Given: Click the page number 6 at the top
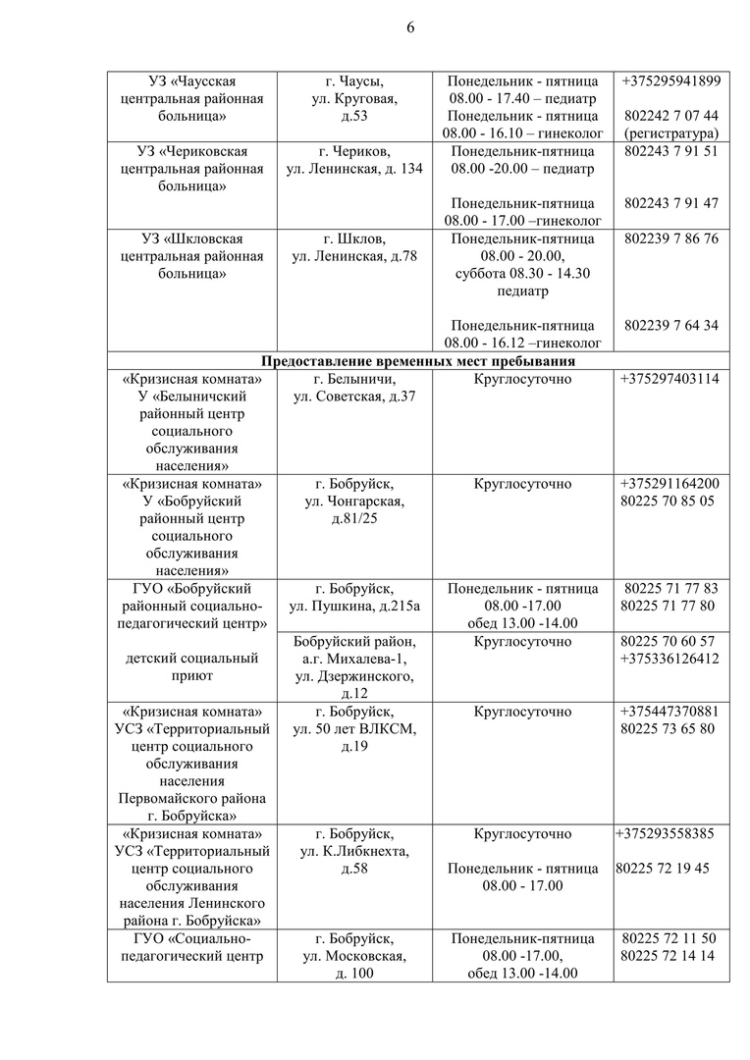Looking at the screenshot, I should [x=410, y=27].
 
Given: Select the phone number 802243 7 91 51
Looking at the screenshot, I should [x=670, y=151].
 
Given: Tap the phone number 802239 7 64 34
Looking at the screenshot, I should [x=670, y=326].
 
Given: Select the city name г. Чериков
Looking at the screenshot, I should [x=354, y=151].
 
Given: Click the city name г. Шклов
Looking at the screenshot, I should [x=354, y=238].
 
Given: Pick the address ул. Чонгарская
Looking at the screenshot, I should [x=354, y=502].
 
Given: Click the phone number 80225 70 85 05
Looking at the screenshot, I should [x=668, y=502].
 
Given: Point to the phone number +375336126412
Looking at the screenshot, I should [x=670, y=659].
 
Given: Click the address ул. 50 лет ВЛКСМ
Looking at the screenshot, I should [x=354, y=729].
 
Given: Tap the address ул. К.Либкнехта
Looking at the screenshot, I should [x=354, y=852].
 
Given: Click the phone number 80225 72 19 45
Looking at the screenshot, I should [x=664, y=869].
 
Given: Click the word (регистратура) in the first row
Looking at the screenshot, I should [x=670, y=132].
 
